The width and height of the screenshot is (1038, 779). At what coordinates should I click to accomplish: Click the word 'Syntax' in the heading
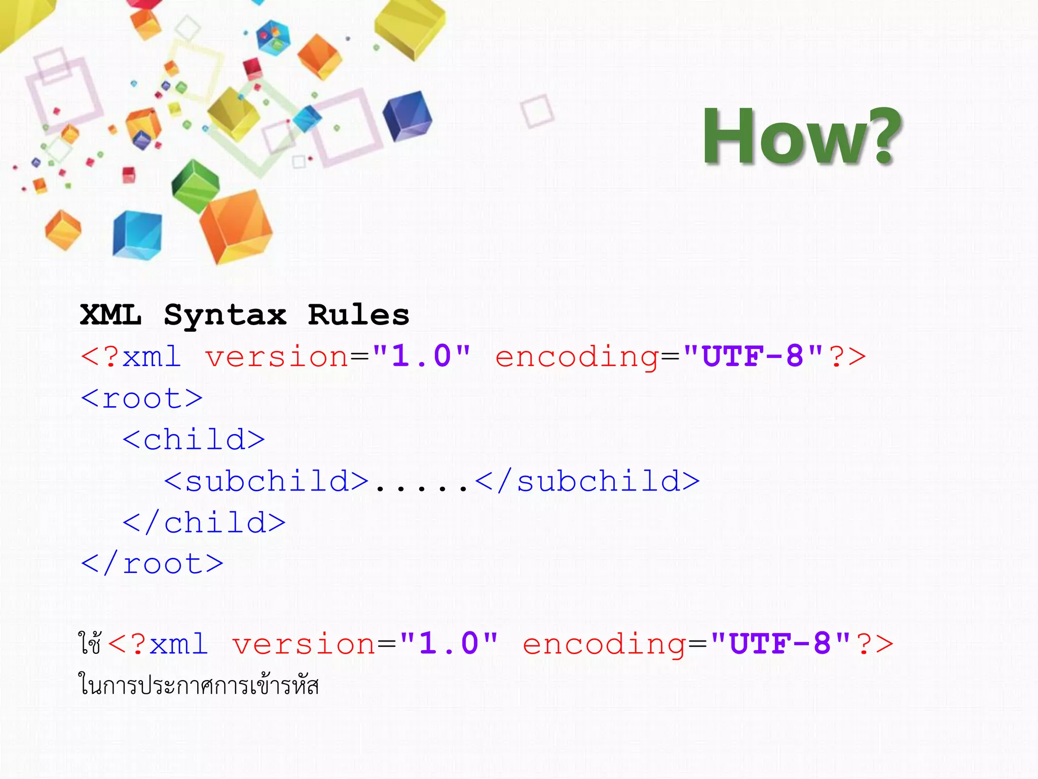point(225,315)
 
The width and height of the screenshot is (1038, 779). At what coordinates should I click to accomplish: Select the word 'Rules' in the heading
point(358,315)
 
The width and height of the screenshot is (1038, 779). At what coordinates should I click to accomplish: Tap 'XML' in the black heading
point(110,315)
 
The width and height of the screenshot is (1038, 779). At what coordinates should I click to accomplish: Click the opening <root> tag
point(142,399)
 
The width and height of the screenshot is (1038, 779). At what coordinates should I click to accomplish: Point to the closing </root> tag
point(152,564)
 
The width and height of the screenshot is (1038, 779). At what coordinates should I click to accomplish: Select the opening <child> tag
point(194,440)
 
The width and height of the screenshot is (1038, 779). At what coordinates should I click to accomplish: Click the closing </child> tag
point(204,522)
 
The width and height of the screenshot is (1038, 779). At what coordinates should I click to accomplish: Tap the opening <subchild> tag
point(267,481)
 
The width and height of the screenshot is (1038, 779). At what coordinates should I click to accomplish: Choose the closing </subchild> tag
point(588,481)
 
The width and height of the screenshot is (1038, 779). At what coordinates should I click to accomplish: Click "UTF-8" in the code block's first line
point(753,356)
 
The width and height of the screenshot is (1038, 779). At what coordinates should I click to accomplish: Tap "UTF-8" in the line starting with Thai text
point(780,644)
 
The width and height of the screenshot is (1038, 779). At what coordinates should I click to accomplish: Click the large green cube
point(195,186)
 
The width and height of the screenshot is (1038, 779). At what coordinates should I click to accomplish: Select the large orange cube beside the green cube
point(236,226)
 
